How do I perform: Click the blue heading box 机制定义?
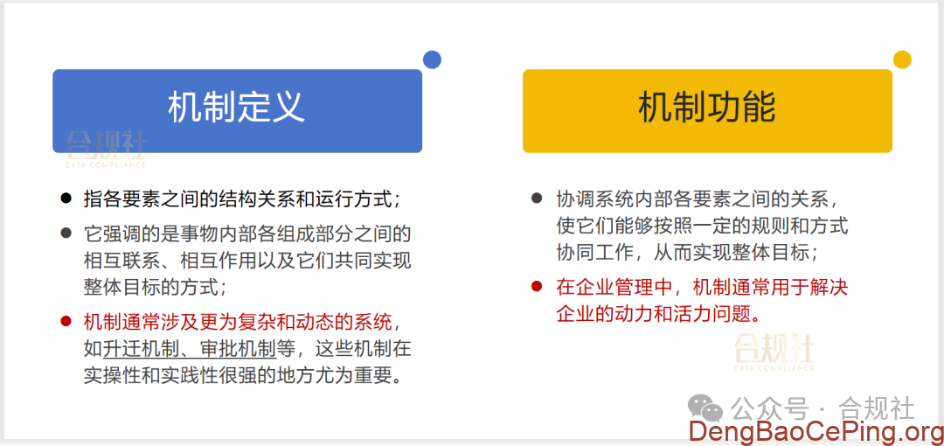tap(237, 110)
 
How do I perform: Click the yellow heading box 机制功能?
tap(707, 110)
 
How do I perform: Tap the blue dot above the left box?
tap(432, 59)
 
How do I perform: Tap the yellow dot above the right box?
tap(902, 59)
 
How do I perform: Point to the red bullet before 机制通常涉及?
tap(66, 321)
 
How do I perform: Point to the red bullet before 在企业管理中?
tap(537, 286)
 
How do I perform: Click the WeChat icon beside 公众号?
tap(705, 407)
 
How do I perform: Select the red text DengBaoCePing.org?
tap(815, 431)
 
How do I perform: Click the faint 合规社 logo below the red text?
tap(774, 351)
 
